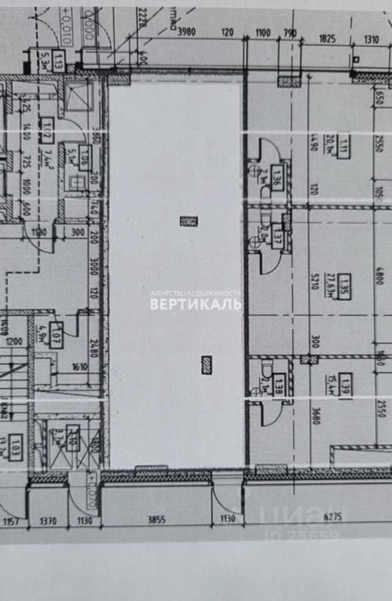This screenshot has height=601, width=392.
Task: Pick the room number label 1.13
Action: (58, 61)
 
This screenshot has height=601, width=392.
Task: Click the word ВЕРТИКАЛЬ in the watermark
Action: (195, 304)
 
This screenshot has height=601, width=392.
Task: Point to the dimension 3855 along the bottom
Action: (156, 520)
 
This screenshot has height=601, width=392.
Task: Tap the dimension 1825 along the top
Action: (327, 38)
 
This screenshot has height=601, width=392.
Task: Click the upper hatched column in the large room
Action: (188, 220)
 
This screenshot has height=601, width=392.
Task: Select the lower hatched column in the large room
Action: (207, 364)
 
